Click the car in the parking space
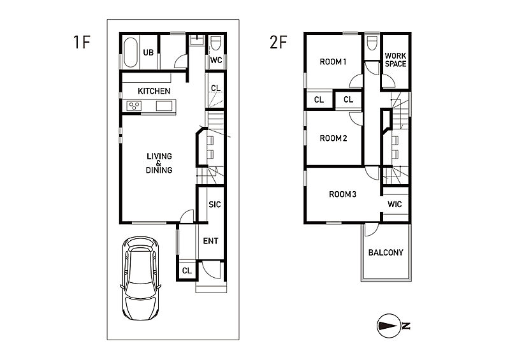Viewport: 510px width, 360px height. click(140, 278)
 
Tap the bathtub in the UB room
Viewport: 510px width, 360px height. click(131, 52)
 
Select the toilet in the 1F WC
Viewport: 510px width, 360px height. click(215, 43)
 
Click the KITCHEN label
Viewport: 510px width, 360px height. click(154, 91)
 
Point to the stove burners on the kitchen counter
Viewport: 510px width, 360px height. click(134, 106)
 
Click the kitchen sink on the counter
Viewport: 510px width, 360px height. click(164, 106)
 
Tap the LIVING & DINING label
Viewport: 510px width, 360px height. click(159, 163)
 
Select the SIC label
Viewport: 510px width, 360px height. click(215, 205)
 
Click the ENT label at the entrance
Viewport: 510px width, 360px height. click(210, 241)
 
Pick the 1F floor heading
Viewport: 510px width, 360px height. click(82, 42)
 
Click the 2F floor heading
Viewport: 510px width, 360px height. click(278, 42)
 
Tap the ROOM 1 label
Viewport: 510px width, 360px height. click(333, 62)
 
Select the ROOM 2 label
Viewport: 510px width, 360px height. click(333, 138)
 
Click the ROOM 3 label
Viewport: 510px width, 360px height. click(342, 194)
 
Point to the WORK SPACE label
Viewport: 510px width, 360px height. click(395, 60)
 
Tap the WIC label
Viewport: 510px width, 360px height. click(395, 205)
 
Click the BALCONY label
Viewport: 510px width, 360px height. click(386, 252)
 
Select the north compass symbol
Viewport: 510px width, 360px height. click(390, 326)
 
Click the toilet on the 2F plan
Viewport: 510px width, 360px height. click(372, 43)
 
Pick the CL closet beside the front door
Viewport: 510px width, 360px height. click(187, 271)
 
